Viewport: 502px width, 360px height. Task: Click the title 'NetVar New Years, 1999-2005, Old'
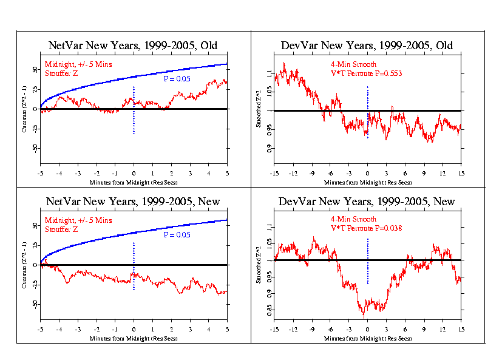[x=133, y=46]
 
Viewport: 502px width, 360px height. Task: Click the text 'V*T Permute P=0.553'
[x=368, y=73]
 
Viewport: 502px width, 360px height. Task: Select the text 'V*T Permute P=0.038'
[x=368, y=228]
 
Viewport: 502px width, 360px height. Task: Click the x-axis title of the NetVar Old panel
[x=133, y=182]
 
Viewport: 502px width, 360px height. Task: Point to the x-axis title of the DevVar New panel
[x=368, y=337]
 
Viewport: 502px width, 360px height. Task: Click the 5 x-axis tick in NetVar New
[x=227, y=329]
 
